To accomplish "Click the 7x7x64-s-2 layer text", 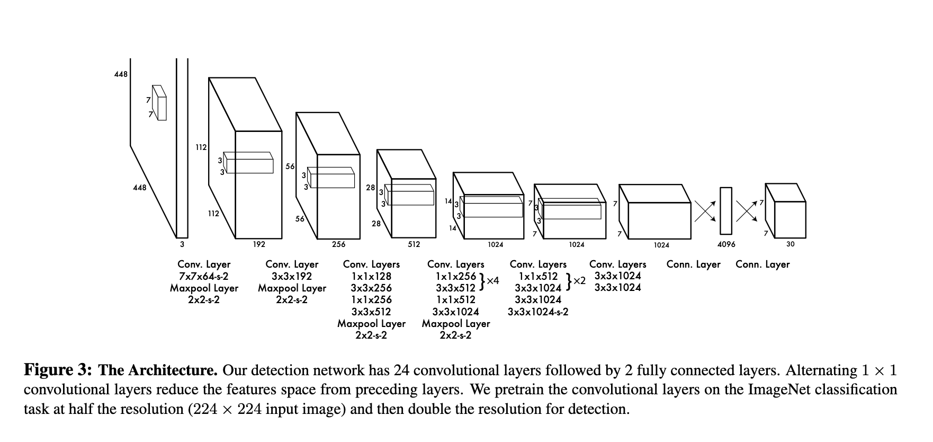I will [x=204, y=276].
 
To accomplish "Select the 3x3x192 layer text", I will [x=292, y=276].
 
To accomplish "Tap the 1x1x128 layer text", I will [x=371, y=276].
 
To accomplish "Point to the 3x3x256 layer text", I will [x=371, y=288].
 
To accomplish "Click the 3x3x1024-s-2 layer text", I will [x=537, y=312].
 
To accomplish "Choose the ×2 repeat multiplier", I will [x=579, y=280].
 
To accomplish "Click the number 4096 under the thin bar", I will [x=726, y=244].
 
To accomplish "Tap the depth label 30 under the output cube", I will [x=790, y=244].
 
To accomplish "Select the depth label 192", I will [x=259, y=244].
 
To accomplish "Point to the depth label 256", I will [x=338, y=244].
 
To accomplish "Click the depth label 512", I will [x=414, y=244].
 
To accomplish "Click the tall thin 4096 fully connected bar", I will [x=726, y=210].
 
